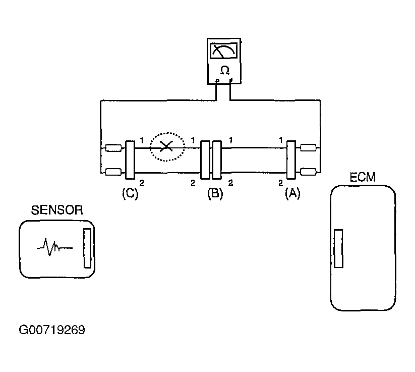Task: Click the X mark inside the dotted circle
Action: tap(165, 147)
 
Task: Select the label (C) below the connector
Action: tap(130, 193)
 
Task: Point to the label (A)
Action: tap(292, 193)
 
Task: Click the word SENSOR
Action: tap(56, 210)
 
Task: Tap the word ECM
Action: tap(362, 178)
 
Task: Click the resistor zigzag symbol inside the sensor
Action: tap(52, 247)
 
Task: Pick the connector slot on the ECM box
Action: tap(338, 248)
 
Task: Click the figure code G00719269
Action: tap(51, 331)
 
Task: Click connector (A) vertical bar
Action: tap(291, 160)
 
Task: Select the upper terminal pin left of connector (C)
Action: tap(113, 148)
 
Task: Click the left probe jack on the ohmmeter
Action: tap(217, 80)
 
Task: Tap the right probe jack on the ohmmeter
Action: tap(230, 80)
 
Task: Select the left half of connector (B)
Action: tap(205, 160)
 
